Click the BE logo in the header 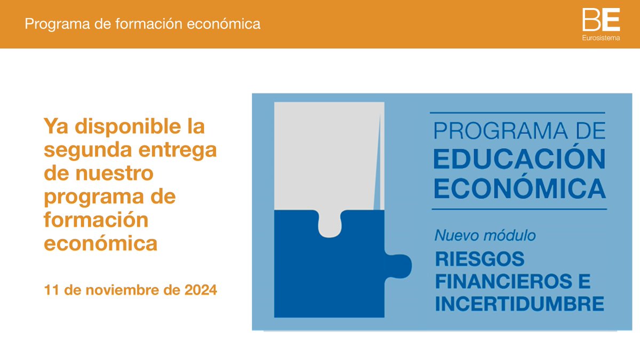(x=601, y=20)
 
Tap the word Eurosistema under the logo (x=601, y=38)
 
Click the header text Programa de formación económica (x=142, y=24)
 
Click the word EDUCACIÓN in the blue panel (x=519, y=159)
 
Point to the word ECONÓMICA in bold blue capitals (x=519, y=188)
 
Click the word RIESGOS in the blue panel (x=480, y=259)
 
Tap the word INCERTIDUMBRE (x=519, y=304)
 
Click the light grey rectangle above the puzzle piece (x=325, y=155)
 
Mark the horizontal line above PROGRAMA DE (x=517, y=113)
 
